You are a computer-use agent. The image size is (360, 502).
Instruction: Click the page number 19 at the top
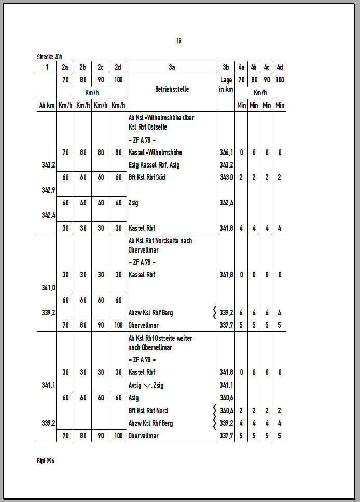point(178,41)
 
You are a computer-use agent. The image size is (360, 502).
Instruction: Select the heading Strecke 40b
point(50,57)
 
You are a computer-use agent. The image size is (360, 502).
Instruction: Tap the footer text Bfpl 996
point(46,461)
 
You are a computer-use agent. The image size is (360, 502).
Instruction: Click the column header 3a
point(172,67)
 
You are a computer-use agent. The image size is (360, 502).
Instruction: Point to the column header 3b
point(226,67)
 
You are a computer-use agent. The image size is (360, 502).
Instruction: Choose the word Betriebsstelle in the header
point(172,89)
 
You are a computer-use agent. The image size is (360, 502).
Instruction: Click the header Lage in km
point(226,85)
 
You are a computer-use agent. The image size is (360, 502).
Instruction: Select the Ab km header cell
point(47,105)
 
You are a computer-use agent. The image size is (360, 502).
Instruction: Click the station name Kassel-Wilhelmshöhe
point(155,152)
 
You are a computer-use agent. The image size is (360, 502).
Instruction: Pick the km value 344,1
point(226,152)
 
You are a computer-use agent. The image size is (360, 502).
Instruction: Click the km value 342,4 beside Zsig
point(226,203)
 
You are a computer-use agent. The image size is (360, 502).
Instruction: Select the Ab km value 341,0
point(49,287)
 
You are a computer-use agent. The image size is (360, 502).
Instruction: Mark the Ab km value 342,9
point(49,190)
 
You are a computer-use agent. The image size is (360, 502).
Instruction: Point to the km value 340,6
point(226,398)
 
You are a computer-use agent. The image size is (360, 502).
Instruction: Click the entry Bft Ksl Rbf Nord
point(148,411)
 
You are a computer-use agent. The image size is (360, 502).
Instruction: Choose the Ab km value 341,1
point(49,385)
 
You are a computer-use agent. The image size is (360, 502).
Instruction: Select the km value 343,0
point(226,177)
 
